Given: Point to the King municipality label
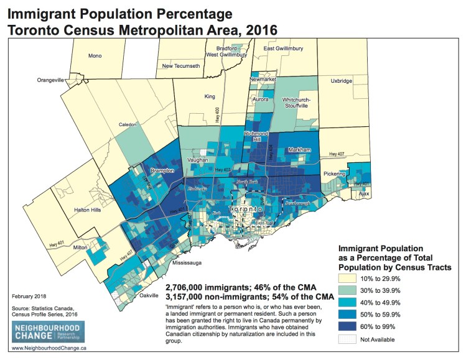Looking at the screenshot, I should pyautogui.click(x=210, y=96).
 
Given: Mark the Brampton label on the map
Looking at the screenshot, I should pyautogui.click(x=161, y=170).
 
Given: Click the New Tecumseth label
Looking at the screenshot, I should pyautogui.click(x=180, y=65).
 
